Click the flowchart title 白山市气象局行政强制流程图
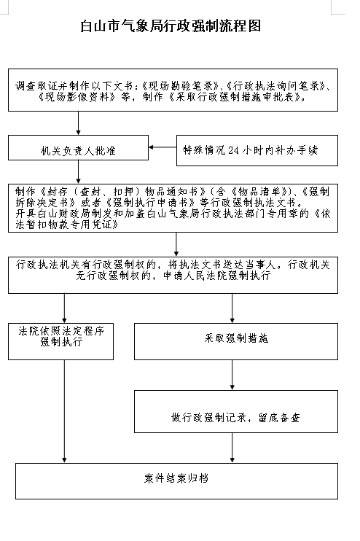(171, 26)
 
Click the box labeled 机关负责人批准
(78, 148)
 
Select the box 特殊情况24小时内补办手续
(257, 150)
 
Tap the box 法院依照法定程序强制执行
(60, 341)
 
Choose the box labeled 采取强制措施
(236, 341)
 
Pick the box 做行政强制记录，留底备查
(236, 412)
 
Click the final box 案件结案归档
(176, 481)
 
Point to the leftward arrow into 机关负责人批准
(163, 147)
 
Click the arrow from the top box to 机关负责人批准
(78, 123)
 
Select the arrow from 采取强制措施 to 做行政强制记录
(232, 375)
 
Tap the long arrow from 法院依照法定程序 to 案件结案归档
(64, 411)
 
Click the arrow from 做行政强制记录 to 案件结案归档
(232, 448)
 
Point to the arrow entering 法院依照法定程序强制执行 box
(64, 308)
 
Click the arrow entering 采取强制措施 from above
(232, 308)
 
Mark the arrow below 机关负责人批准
(78, 172)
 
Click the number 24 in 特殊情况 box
(233, 150)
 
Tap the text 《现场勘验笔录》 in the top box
(180, 86)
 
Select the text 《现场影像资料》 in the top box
(77, 97)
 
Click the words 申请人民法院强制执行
(217, 276)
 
